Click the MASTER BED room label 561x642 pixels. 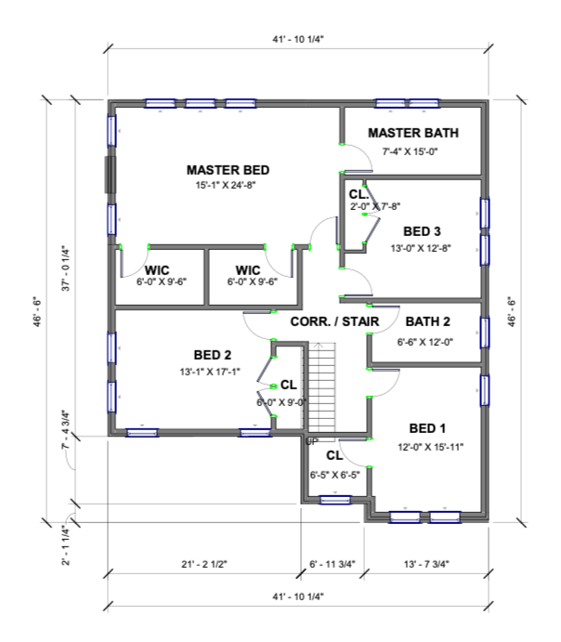click(228, 170)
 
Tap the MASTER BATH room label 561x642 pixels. click(413, 133)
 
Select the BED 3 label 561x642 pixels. click(422, 231)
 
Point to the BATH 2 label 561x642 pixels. click(427, 321)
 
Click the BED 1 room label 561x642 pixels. click(427, 428)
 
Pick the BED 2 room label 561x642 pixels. click(213, 355)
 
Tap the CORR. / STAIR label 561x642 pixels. click(334, 321)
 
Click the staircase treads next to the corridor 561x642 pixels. click(321, 387)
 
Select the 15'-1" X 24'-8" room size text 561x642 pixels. click(226, 185)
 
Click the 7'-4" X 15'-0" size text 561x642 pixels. click(410, 151)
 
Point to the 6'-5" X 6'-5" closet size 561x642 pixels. click(334, 475)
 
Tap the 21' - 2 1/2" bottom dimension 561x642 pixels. click(204, 564)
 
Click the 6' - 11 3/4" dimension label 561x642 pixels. click(333, 564)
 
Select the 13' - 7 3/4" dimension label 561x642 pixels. click(426, 564)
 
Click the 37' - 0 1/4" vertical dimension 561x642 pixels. click(66, 269)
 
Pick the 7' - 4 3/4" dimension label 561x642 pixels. click(66, 429)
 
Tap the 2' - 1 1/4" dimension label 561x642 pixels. click(66, 545)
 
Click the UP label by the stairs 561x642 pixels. click(312, 442)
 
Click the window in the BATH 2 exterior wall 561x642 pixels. click(485, 333)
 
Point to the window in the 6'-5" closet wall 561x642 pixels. click(335, 500)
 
